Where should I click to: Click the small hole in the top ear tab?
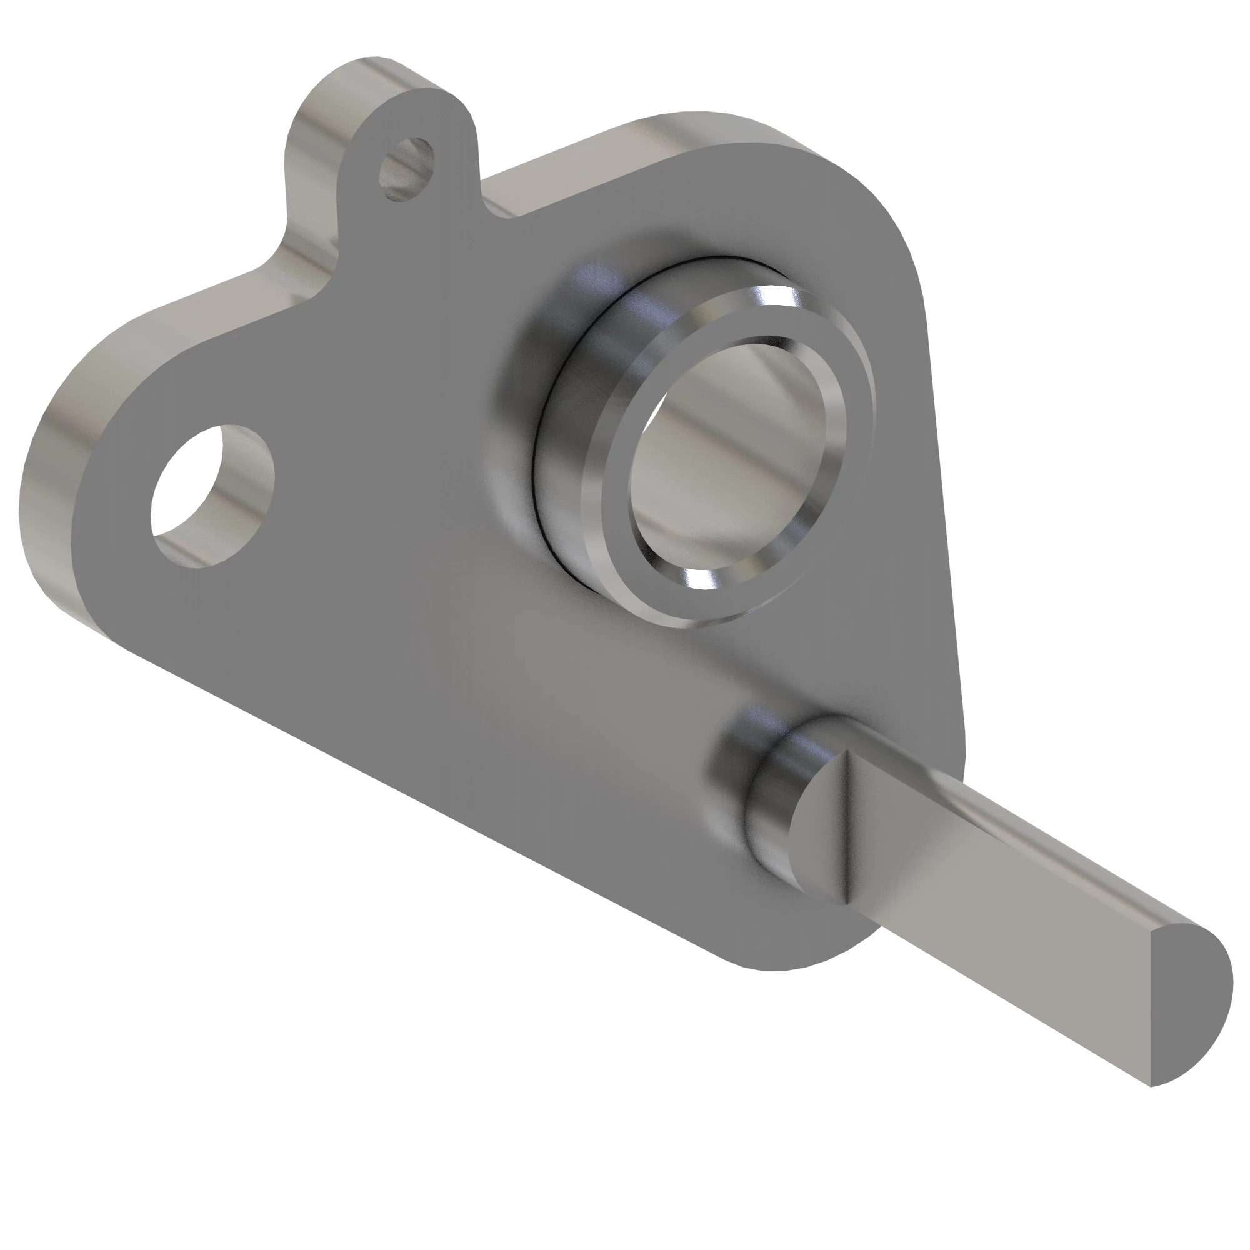(x=406, y=169)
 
